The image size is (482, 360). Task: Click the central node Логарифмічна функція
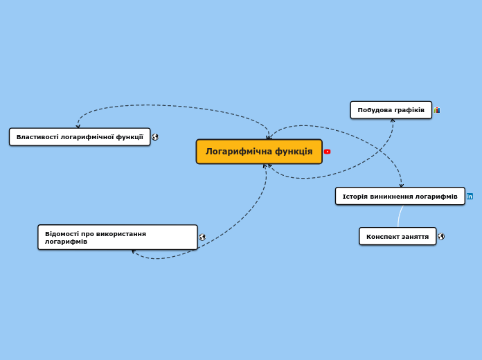(x=259, y=152)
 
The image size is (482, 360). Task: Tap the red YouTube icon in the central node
(x=327, y=152)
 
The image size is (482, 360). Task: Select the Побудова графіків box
(x=391, y=110)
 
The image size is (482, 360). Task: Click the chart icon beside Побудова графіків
(x=437, y=110)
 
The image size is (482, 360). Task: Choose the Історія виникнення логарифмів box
(x=400, y=196)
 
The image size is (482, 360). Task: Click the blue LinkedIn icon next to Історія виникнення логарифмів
(x=470, y=196)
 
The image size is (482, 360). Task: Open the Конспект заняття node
(x=397, y=236)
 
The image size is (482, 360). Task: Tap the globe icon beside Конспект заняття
(x=441, y=236)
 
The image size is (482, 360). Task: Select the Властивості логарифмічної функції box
(x=80, y=137)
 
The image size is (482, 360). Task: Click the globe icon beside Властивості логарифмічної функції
(x=155, y=137)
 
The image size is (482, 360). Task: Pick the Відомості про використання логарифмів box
(x=117, y=237)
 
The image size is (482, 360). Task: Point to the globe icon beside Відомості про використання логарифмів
(x=202, y=237)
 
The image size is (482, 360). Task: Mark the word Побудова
(x=374, y=110)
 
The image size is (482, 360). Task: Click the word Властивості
(x=37, y=137)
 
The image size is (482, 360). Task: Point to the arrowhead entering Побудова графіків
(x=393, y=120)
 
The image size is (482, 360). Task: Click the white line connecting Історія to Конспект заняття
(x=399, y=217)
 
